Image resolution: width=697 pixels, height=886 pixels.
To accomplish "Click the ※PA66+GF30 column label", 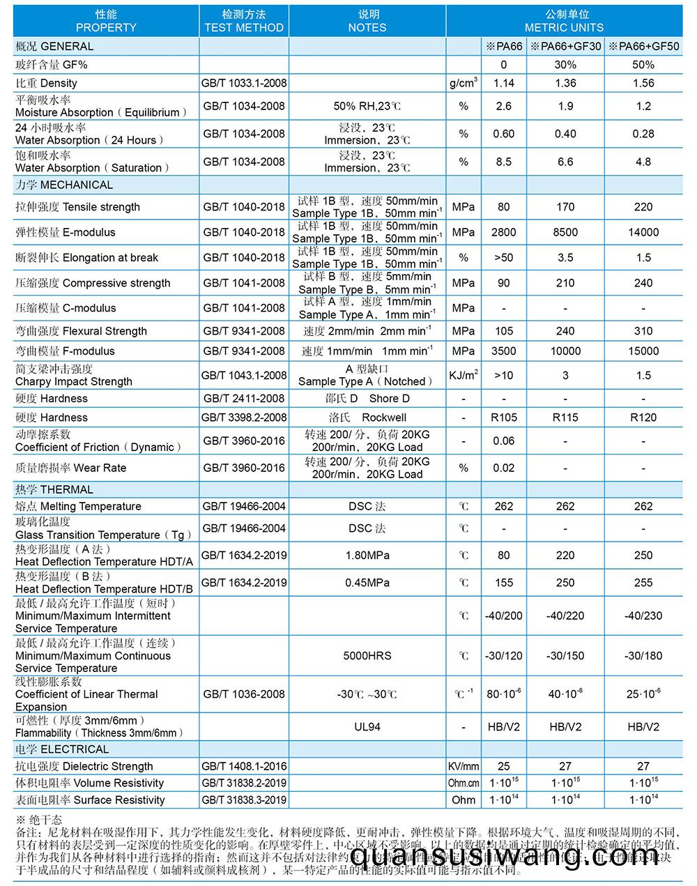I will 565,47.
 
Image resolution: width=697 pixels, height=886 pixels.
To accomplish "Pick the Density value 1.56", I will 643,83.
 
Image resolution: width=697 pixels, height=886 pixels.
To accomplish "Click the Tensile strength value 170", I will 565,207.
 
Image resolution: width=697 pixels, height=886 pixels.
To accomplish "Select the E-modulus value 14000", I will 643,232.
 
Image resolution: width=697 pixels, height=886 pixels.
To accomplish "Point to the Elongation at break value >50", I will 503,258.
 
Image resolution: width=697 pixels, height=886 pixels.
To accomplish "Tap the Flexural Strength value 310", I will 643,331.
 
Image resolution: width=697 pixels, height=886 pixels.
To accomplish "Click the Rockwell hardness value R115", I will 565,418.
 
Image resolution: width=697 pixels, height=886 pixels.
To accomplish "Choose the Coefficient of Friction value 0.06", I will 503,441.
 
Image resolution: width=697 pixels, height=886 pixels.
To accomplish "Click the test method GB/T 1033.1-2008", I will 244,83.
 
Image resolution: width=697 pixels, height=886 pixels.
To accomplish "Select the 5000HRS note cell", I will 367,656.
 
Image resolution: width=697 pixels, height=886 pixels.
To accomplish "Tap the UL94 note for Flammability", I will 367,727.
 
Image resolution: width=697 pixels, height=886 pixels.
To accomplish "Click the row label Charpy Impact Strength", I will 74,381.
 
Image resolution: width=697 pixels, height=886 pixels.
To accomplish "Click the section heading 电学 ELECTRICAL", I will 63,749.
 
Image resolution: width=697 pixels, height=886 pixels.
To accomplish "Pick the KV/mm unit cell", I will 464,767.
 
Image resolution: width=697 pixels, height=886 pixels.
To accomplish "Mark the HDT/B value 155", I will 503,583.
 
